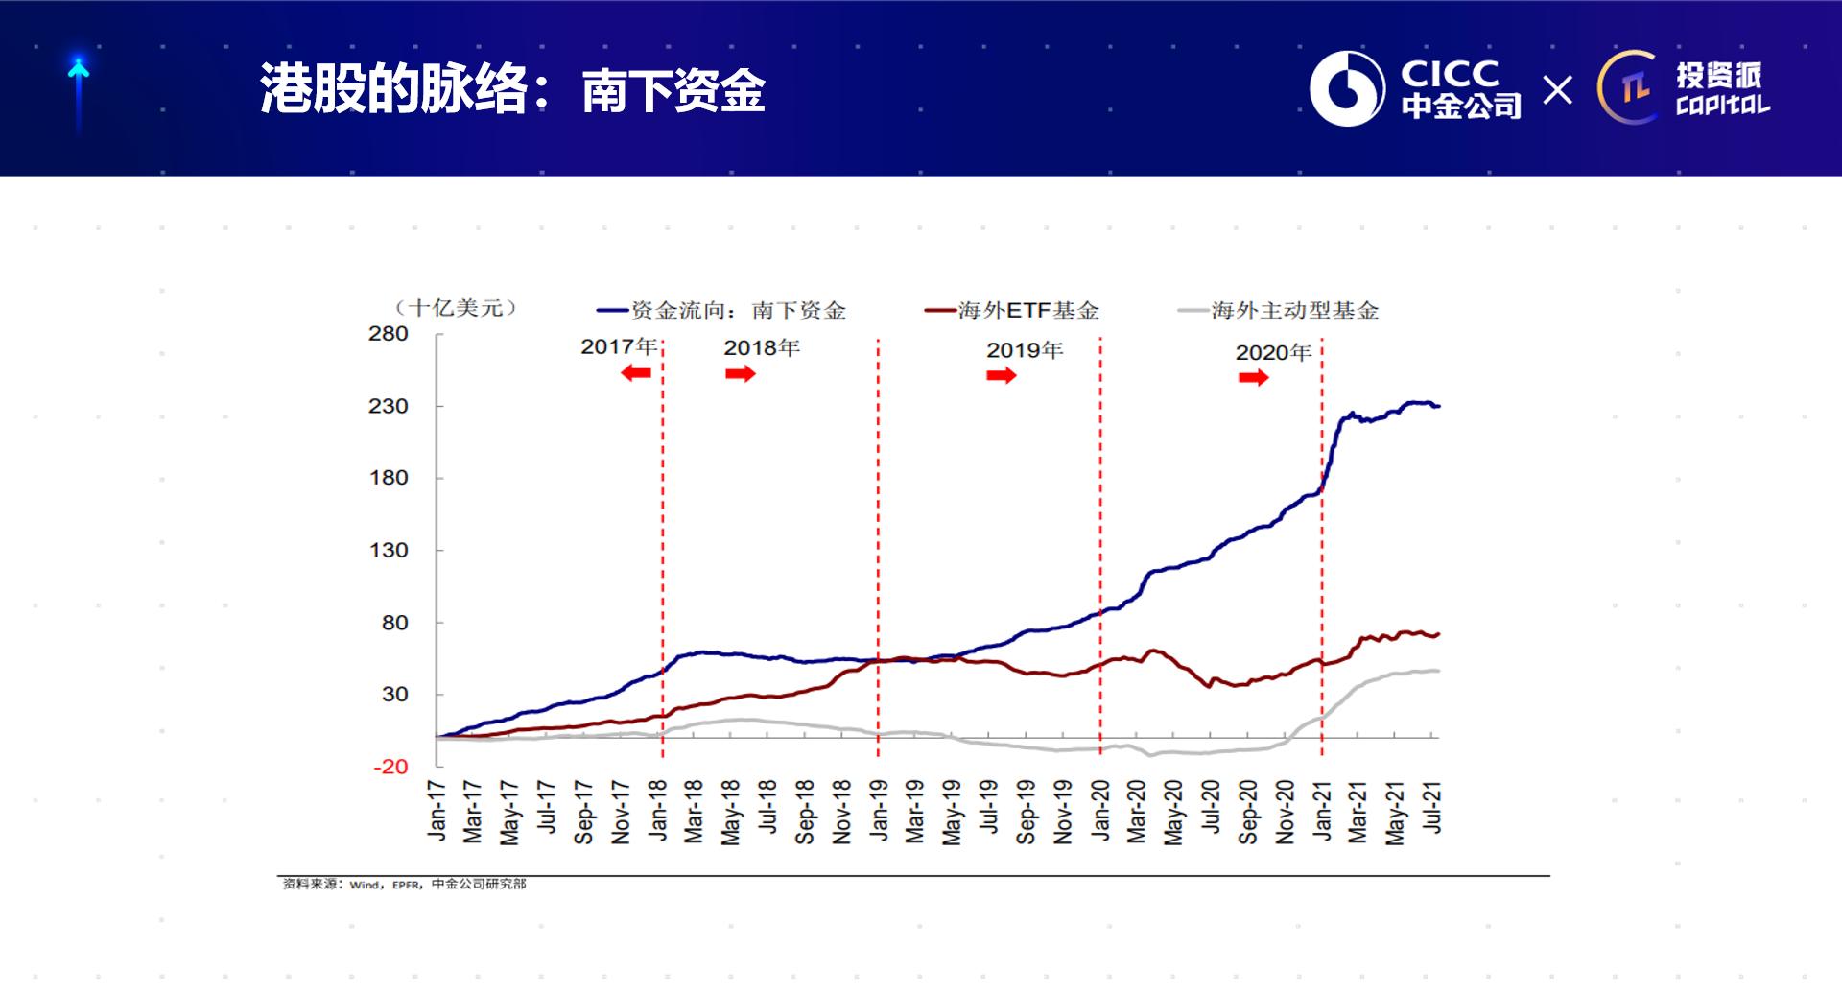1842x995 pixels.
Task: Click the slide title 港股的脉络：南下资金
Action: click(x=512, y=90)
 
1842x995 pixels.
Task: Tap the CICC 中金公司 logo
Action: click(x=1415, y=89)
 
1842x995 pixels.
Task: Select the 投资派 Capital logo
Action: click(x=1684, y=88)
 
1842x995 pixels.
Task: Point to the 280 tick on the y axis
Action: click(x=389, y=334)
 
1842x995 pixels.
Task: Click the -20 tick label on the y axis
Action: click(x=390, y=767)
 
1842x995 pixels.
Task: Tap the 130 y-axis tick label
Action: click(x=389, y=550)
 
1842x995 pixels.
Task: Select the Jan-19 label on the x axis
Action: click(x=879, y=812)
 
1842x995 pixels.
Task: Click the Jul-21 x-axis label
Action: click(x=1432, y=808)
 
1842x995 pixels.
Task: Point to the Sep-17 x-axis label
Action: click(x=583, y=812)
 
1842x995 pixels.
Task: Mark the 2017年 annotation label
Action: click(x=619, y=346)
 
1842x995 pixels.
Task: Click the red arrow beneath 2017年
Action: click(x=636, y=373)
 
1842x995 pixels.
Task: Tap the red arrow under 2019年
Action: click(x=1001, y=375)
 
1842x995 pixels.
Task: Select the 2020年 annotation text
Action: click(x=1273, y=352)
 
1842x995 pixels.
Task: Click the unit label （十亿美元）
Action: click(x=456, y=308)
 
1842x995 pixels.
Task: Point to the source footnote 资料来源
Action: click(x=404, y=884)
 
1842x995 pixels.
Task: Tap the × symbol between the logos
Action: click(x=1558, y=90)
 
